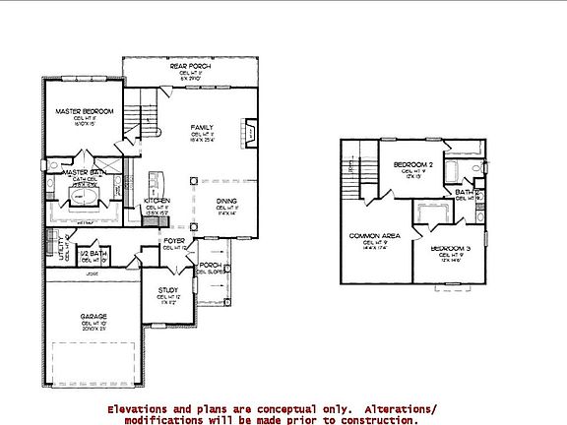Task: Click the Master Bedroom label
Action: [x=83, y=112]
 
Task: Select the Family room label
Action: [x=202, y=128]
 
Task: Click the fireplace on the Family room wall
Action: [x=251, y=133]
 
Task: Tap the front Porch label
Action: [x=209, y=265]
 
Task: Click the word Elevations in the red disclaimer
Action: [x=140, y=407]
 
